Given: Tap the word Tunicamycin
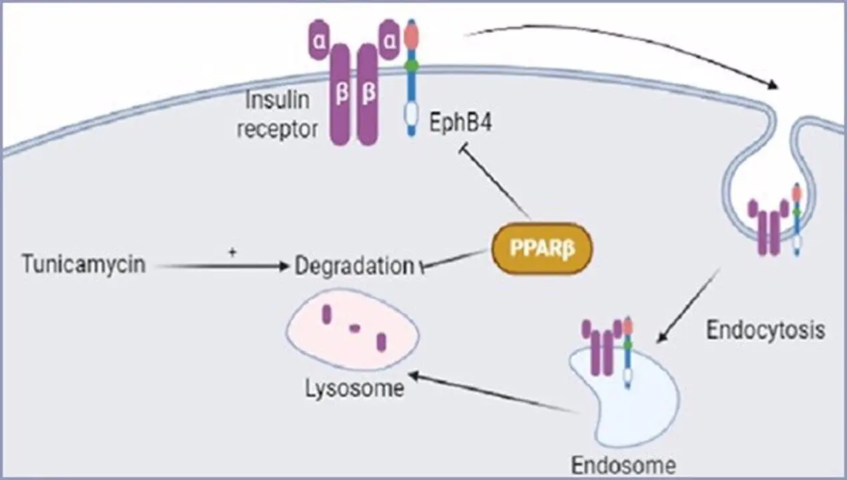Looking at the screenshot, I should (83, 265).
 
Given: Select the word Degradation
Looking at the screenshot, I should (354, 266).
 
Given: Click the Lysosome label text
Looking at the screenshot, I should (355, 388).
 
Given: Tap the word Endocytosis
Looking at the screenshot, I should (766, 329).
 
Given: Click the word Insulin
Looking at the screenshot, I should (278, 101).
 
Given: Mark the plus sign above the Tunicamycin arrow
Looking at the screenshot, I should (233, 252).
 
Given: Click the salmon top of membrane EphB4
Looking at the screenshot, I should (411, 34).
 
